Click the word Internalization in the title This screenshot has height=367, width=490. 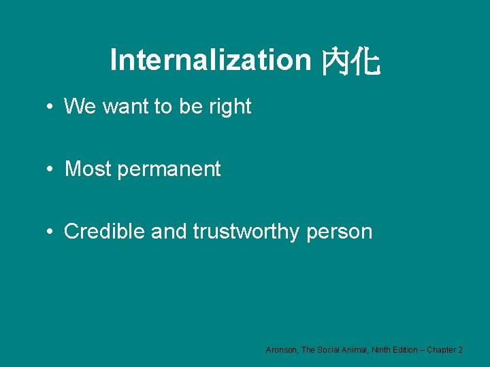click(210, 60)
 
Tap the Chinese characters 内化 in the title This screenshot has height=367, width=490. click(350, 61)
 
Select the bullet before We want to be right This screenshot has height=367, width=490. click(51, 107)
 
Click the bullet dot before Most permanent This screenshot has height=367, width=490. click(51, 169)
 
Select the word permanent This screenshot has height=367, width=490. click(169, 170)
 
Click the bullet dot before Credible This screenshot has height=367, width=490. click(51, 232)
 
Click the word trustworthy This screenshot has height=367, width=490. click(246, 232)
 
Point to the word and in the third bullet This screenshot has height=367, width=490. click(169, 232)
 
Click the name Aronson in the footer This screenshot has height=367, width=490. click(281, 349)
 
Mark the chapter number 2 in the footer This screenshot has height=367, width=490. click(461, 349)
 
